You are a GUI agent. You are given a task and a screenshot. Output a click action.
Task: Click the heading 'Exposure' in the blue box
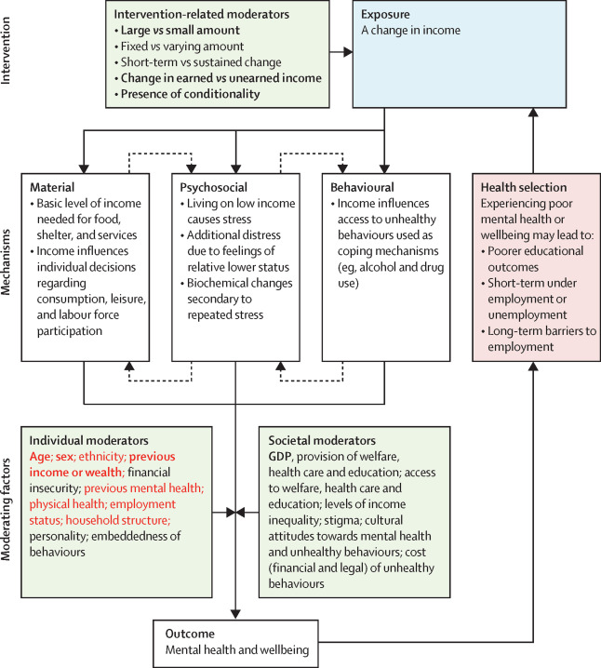click(x=385, y=15)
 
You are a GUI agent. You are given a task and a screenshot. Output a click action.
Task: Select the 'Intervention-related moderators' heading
click(x=202, y=15)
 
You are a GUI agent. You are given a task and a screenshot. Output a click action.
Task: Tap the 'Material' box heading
click(x=52, y=187)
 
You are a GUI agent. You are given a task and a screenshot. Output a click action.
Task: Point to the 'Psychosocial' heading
click(x=213, y=187)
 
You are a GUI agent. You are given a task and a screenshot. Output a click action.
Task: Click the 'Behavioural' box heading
click(x=362, y=187)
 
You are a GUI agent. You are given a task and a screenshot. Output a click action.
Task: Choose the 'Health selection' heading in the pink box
click(x=524, y=187)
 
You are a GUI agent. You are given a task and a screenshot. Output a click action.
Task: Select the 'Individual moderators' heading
click(x=88, y=440)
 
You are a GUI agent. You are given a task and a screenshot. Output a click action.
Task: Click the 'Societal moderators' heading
click(x=322, y=440)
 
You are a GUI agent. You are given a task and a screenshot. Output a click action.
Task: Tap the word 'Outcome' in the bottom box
click(x=190, y=634)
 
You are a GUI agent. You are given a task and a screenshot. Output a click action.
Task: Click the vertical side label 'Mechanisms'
click(x=6, y=261)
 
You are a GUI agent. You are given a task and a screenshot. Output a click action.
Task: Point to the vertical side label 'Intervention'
click(x=6, y=50)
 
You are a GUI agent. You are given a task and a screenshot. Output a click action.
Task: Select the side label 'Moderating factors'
click(x=6, y=510)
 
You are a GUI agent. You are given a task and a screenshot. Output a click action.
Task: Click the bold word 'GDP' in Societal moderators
click(x=280, y=457)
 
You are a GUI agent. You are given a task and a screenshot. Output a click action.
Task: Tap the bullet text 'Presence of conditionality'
click(x=190, y=94)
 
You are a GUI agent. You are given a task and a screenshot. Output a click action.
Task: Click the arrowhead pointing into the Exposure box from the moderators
click(x=349, y=52)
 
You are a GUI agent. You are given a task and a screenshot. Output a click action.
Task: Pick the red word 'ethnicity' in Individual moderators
click(x=101, y=457)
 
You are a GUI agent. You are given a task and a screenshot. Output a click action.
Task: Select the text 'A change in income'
click(x=410, y=31)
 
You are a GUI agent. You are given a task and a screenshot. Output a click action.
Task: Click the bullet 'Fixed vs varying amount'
click(x=182, y=46)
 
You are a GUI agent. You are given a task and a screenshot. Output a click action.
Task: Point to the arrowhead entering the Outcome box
click(x=235, y=614)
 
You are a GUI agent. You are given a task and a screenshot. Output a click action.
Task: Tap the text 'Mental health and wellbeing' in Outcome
click(x=237, y=650)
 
